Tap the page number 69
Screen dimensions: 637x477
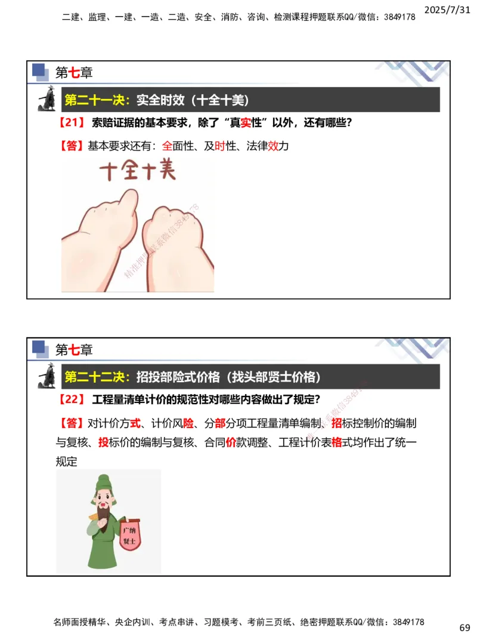coord(464,627)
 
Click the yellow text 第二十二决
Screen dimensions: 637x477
coord(97,377)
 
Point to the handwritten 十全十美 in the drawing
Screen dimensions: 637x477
coord(138,173)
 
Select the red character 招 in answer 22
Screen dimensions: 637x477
coord(336,423)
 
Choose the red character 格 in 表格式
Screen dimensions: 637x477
coord(336,442)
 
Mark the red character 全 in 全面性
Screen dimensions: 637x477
coord(167,146)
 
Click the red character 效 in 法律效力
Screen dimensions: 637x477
coord(273,146)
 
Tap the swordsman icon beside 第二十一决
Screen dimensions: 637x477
coord(47,99)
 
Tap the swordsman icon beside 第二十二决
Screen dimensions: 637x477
coord(47,376)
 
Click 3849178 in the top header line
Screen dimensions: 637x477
coord(396,17)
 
